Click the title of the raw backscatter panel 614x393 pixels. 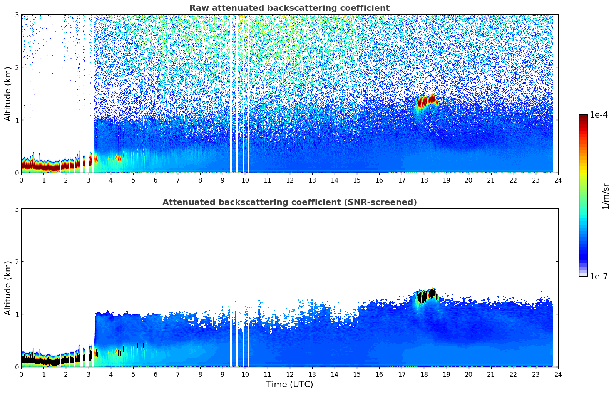tap(289, 8)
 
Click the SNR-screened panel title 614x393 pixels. tap(289, 202)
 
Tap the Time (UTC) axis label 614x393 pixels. tap(289, 384)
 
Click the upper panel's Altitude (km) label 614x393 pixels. tap(8, 94)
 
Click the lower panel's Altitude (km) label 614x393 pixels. tap(8, 288)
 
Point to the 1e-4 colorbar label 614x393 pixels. tap(599, 115)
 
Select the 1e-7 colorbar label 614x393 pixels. tap(599, 276)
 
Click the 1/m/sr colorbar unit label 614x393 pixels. tap(606, 196)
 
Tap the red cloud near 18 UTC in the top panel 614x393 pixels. tap(425, 102)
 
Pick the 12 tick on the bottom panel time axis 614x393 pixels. tap(289, 374)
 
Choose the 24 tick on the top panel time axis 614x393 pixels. tap(558, 180)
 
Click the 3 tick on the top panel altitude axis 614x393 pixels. tap(17, 15)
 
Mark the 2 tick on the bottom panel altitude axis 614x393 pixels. tap(17, 262)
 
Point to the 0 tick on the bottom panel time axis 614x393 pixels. tap(21, 374)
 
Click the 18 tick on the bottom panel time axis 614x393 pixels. tap(424, 374)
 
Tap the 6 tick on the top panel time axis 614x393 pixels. tap(156, 180)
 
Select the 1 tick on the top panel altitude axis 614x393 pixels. tap(17, 120)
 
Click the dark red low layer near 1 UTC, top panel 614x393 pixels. tap(43, 166)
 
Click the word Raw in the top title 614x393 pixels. tap(198, 8)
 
